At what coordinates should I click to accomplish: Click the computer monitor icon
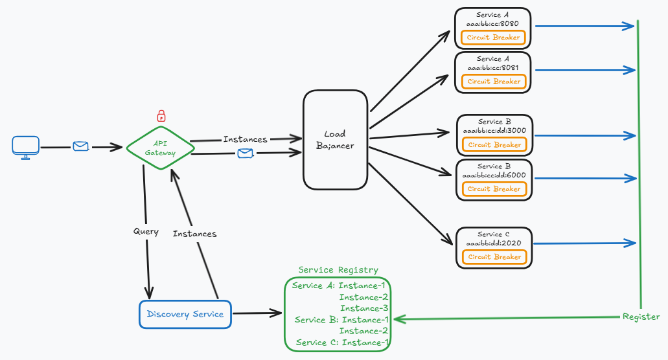[x=26, y=148]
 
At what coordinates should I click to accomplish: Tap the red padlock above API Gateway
[x=161, y=117]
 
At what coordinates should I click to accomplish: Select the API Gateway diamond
[x=160, y=148]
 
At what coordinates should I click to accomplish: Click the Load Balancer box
[x=334, y=140]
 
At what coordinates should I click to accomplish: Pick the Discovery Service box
[x=185, y=315]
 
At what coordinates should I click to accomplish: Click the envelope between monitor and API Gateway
[x=80, y=147]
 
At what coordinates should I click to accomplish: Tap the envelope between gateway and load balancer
[x=245, y=153]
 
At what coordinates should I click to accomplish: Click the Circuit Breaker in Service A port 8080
[x=493, y=38]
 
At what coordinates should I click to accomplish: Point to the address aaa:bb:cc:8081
[x=493, y=68]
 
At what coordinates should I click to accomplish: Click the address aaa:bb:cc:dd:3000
[x=494, y=131]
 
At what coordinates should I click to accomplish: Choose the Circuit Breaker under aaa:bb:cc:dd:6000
[x=494, y=189]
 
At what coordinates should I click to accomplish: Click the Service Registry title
[x=338, y=270]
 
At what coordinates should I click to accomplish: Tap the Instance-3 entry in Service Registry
[x=364, y=308]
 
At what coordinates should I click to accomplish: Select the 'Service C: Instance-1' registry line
[x=342, y=343]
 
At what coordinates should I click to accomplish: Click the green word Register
[x=641, y=317]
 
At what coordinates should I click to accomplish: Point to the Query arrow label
[x=146, y=231]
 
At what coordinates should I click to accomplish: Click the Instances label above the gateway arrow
[x=245, y=139]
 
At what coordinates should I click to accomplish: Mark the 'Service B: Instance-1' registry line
[x=341, y=320]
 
